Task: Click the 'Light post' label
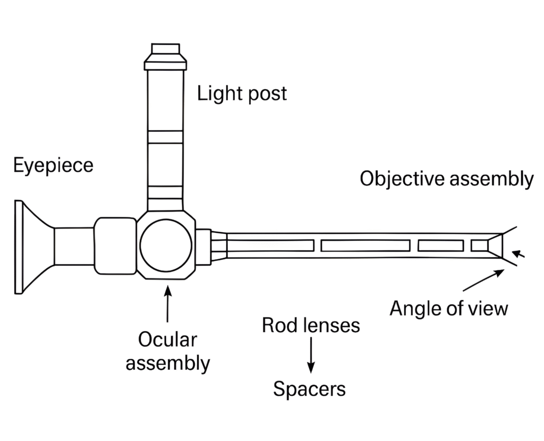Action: (242, 94)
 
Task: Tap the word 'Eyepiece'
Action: (53, 165)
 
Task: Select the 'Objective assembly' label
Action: (446, 179)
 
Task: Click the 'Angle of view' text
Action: (448, 308)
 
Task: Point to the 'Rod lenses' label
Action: (311, 325)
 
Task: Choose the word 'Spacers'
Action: (309, 389)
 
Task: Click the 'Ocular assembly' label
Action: (167, 351)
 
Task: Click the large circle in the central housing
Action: (165, 245)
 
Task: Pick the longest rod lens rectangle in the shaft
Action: (365, 245)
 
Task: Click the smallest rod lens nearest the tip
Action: (479, 245)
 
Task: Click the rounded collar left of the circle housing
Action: (115, 245)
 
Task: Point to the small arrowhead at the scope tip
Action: (520, 255)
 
